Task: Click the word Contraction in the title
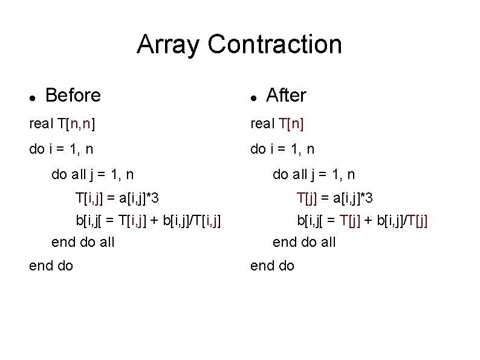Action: click(274, 44)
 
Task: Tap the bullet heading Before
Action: click(73, 95)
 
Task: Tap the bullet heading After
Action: click(286, 95)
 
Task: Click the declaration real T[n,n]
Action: click(62, 124)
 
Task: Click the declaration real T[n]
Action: click(277, 124)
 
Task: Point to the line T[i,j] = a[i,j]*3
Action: click(117, 197)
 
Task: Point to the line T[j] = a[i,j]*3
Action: click(334, 197)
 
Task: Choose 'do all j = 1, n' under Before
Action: click(92, 174)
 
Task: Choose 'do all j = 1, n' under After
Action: click(314, 174)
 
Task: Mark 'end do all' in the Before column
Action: click(83, 242)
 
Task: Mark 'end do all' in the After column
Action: click(304, 242)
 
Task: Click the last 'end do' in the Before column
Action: click(51, 265)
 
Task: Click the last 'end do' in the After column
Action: click(273, 265)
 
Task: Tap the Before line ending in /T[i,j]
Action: click(148, 220)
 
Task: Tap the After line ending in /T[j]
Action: click(362, 220)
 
